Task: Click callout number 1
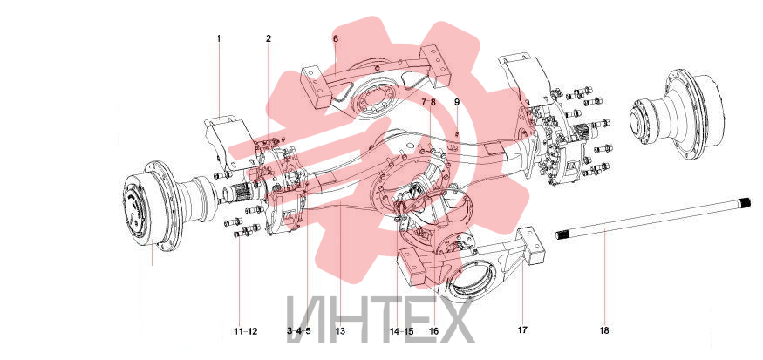(219, 38)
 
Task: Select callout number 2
(269, 38)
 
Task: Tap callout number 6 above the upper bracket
(336, 38)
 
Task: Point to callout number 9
(457, 102)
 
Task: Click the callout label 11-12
(246, 331)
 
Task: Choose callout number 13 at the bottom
(340, 331)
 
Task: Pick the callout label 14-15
(401, 331)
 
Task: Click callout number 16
(433, 331)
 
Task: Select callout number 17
(522, 330)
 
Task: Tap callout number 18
(604, 330)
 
